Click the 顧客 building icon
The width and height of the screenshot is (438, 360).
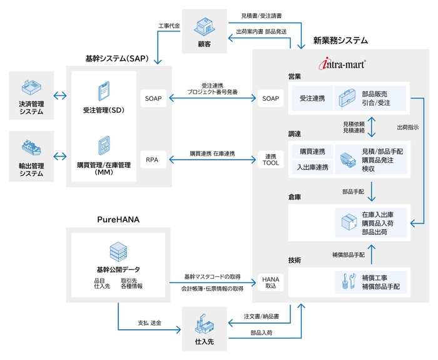204,26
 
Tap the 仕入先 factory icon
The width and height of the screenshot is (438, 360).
204,323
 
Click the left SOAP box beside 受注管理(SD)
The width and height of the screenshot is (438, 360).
153,98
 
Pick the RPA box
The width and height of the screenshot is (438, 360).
153,159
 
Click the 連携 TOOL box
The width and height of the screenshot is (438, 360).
270,159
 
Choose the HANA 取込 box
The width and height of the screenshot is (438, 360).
270,282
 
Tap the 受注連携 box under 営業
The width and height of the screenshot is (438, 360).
312,98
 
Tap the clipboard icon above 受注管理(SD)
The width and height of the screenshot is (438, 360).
104,92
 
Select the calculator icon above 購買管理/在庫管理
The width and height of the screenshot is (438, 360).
104,145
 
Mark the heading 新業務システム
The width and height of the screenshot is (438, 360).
340,41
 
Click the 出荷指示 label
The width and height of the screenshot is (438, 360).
408,127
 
